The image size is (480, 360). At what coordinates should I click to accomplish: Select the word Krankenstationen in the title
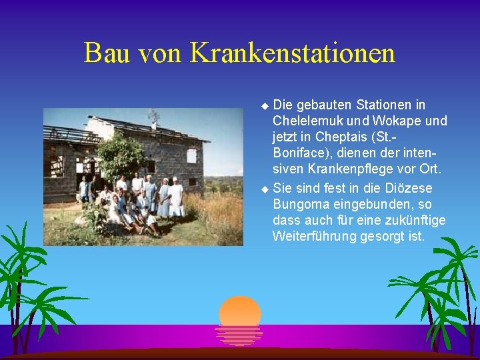(293, 53)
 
